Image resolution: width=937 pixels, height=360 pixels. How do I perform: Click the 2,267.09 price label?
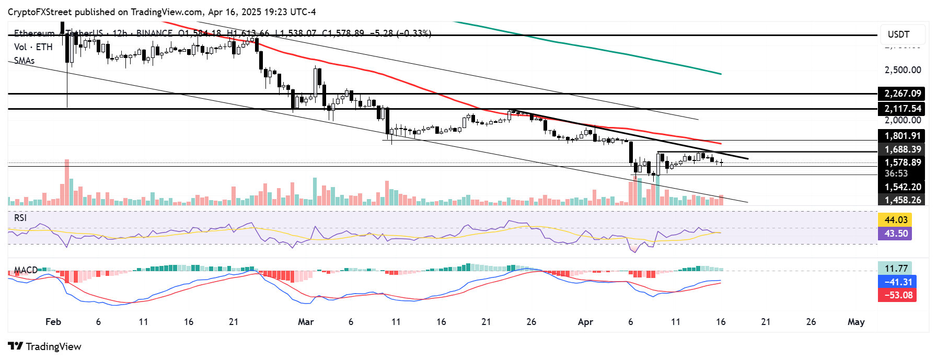[x=902, y=94]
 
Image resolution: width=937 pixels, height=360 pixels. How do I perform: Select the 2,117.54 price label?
[x=902, y=109]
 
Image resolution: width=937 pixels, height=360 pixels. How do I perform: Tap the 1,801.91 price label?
[x=902, y=136]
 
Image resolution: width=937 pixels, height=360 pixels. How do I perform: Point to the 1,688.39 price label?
[x=902, y=149]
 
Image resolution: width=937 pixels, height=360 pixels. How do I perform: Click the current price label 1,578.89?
[x=902, y=162]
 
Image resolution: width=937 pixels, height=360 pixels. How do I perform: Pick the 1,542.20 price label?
[x=902, y=187]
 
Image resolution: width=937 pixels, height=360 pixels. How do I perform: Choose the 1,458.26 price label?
[x=902, y=200]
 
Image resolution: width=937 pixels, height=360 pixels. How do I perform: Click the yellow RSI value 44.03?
[x=895, y=220]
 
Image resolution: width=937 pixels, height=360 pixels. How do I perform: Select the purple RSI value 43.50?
[x=895, y=233]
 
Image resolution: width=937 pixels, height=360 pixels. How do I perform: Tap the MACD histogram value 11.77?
[x=895, y=269]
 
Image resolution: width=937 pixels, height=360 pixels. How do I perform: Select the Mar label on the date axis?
[x=306, y=322]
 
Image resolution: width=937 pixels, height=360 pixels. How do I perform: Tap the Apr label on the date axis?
[x=585, y=322]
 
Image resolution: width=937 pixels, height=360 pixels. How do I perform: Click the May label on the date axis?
[x=856, y=322]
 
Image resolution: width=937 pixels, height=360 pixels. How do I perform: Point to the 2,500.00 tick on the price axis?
[x=903, y=70]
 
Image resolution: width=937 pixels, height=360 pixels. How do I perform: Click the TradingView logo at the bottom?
[x=45, y=346]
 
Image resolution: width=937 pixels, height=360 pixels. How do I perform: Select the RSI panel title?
[x=20, y=218]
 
